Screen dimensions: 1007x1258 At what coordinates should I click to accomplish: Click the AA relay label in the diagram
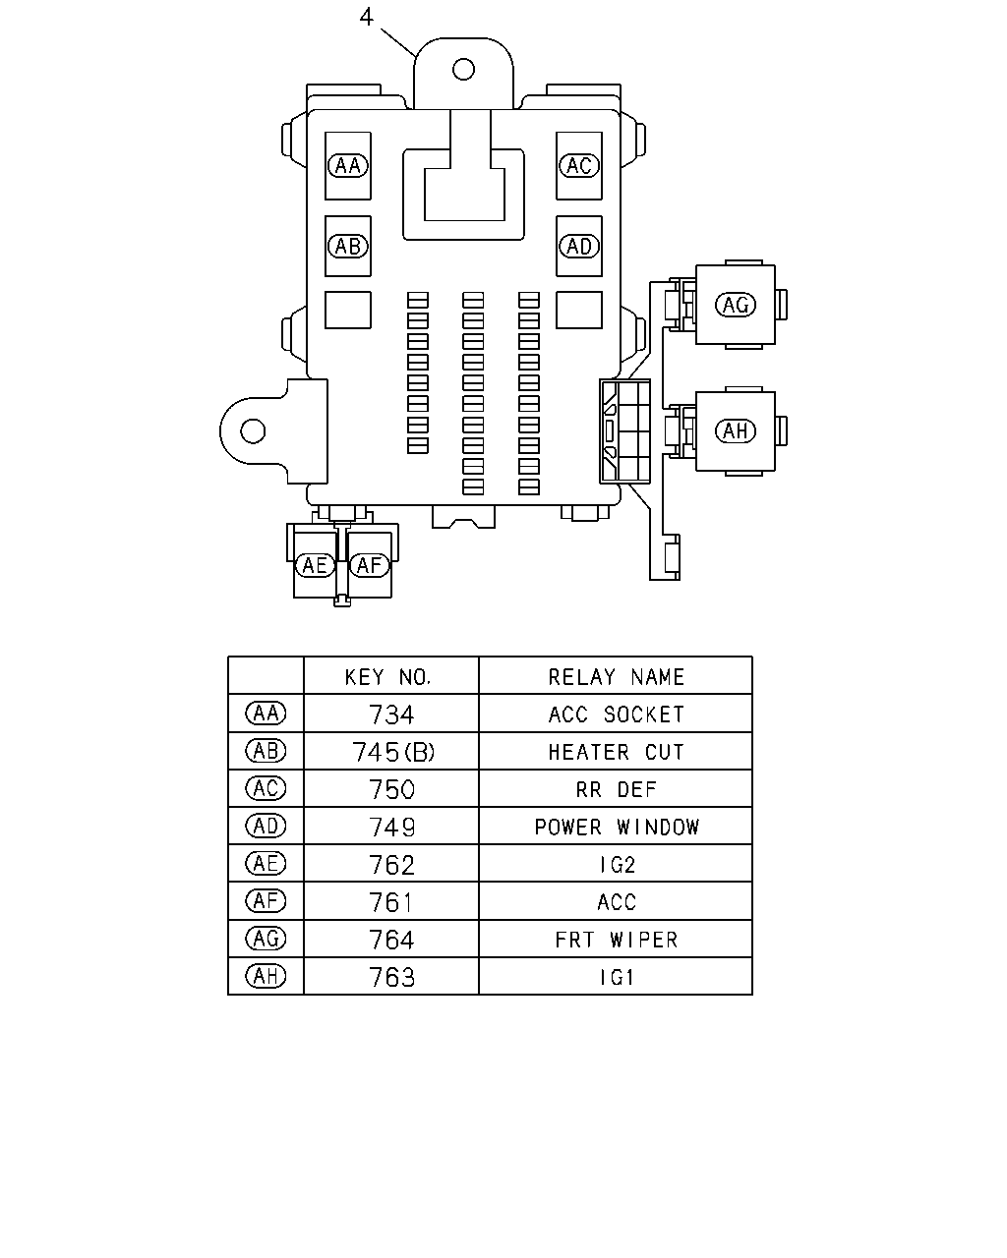point(348,165)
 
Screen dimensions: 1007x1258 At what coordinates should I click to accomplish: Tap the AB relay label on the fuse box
point(348,246)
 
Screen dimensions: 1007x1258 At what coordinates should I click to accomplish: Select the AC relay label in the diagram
point(579,165)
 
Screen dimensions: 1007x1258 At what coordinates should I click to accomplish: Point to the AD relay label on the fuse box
point(579,246)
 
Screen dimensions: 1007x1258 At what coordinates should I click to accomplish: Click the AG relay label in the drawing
point(736,305)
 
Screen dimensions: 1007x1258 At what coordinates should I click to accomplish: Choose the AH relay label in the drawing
point(736,430)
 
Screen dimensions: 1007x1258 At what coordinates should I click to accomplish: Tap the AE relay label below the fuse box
point(315,565)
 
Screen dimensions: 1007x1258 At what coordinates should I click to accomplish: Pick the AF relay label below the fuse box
point(369,565)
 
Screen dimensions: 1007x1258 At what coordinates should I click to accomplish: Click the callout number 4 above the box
point(366,17)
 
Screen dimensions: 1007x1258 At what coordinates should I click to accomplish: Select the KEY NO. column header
point(387,677)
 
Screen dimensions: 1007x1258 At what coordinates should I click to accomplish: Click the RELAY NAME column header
point(617,677)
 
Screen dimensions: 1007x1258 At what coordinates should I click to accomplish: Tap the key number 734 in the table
point(391,715)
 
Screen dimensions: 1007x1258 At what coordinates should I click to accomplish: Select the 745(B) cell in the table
point(393,753)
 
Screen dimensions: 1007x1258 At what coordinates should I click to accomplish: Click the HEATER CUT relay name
point(617,752)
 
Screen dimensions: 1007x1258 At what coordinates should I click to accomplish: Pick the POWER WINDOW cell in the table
point(617,827)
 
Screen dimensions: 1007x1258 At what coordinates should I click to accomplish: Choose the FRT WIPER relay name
point(617,940)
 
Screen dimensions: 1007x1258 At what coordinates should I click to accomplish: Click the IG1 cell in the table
point(617,977)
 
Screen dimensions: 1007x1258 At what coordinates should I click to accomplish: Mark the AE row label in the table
point(266,864)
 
